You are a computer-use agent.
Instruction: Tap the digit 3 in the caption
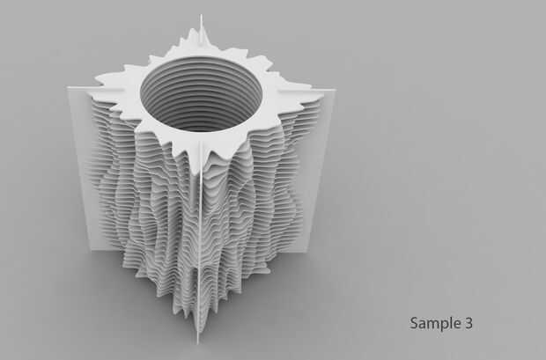point(469,323)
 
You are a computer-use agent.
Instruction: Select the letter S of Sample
point(414,323)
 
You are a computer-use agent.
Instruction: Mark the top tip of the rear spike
point(201,15)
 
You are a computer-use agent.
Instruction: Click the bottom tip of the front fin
point(198,344)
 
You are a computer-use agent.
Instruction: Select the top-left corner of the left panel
point(67,88)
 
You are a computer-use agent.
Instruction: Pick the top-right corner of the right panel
point(336,90)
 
